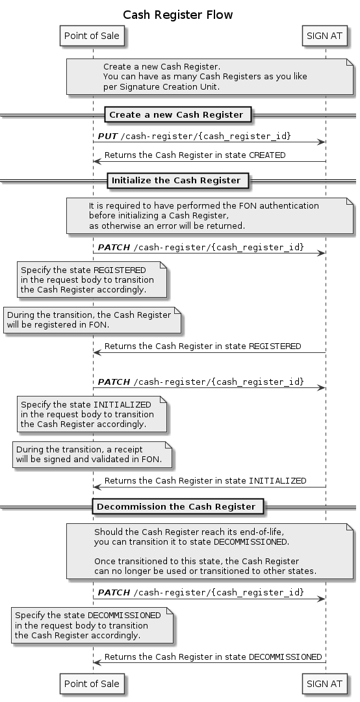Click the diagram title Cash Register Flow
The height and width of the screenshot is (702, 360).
178,15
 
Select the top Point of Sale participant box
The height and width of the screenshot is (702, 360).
92,35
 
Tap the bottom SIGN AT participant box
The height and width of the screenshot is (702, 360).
325,684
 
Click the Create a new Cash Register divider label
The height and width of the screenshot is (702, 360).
176,114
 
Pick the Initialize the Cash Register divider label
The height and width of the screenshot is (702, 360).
176,181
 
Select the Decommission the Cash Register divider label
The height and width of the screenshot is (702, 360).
176,507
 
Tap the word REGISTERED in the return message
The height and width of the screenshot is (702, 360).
275,346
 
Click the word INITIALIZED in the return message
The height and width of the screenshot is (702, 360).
277,481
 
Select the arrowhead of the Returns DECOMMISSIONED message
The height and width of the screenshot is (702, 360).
97,662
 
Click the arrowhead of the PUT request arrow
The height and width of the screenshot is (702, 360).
321,142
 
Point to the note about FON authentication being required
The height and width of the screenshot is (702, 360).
210,216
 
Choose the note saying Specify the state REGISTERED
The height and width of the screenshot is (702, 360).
92,279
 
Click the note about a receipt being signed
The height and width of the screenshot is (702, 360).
92,454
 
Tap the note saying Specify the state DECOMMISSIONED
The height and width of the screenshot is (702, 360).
92,625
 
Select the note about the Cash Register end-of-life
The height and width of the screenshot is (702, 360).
210,551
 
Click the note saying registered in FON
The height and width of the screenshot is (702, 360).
92,320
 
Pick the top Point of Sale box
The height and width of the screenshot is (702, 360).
92,35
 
